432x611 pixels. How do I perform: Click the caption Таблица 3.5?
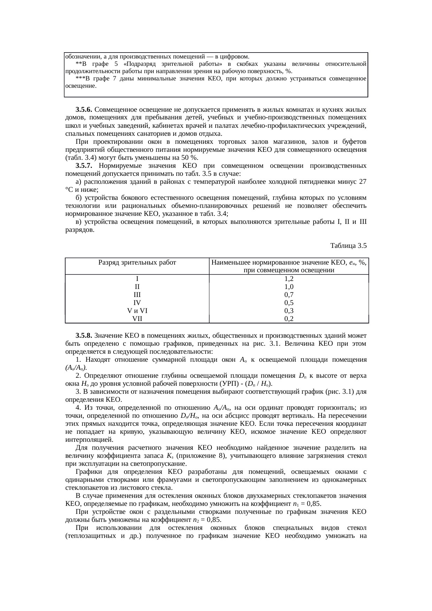coord(348,246)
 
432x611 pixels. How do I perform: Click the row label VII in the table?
coord(137,318)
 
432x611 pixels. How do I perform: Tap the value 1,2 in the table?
coord(289,279)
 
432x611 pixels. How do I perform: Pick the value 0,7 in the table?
coord(289,295)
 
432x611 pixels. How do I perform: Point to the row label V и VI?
coord(137,310)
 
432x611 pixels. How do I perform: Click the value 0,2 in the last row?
coord(289,318)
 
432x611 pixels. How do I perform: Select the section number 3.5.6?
coord(84,110)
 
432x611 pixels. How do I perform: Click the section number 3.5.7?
coord(84,166)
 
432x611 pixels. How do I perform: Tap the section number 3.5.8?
coord(84,336)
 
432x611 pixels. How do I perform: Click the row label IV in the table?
coord(137,302)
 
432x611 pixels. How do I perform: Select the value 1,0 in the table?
coord(289,287)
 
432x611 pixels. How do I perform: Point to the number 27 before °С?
coord(362,182)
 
